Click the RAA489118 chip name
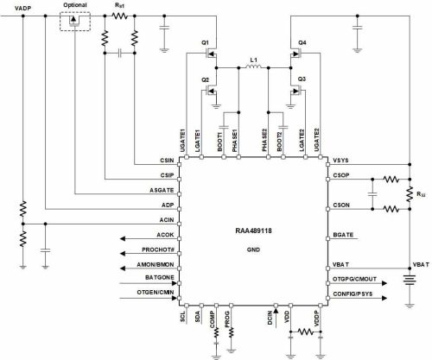coord(253,231)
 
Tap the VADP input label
coord(23,9)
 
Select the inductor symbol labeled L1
coord(253,66)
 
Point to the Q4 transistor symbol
coord(295,54)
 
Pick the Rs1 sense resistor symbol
coord(120,16)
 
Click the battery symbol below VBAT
coord(410,280)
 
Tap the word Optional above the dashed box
coord(75,5)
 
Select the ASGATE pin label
coord(162,191)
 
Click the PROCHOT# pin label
coord(158,249)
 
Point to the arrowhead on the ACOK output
coord(123,238)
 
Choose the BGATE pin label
coord(343,235)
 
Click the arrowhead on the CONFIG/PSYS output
coord(384,298)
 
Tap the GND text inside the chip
coord(253,249)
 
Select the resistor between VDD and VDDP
coord(305,332)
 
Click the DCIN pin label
coord(270,318)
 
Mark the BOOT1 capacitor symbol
coord(224,127)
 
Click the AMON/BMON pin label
coord(156,265)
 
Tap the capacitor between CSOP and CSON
coord(372,194)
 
